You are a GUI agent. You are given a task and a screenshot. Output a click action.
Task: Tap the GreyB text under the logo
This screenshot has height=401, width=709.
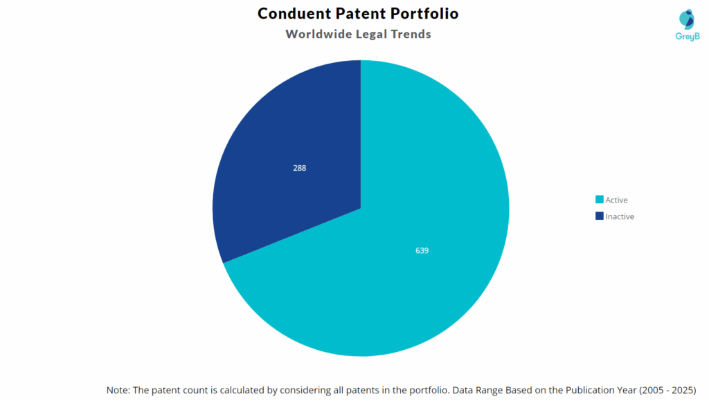(x=687, y=36)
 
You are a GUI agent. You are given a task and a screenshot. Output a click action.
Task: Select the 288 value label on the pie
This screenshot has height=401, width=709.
(x=299, y=168)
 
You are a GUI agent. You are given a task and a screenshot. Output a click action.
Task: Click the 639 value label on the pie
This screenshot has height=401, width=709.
(x=422, y=250)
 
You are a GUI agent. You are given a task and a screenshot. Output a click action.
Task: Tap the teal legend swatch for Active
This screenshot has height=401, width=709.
(x=600, y=200)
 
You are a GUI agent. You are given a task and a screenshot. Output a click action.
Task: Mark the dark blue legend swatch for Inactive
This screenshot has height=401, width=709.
(x=600, y=216)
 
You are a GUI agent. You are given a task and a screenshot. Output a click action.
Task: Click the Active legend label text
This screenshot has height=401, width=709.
(x=616, y=200)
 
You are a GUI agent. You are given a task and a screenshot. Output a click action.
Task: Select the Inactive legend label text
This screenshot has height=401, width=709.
(x=620, y=216)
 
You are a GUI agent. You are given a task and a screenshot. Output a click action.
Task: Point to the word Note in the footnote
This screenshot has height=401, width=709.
(x=118, y=390)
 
